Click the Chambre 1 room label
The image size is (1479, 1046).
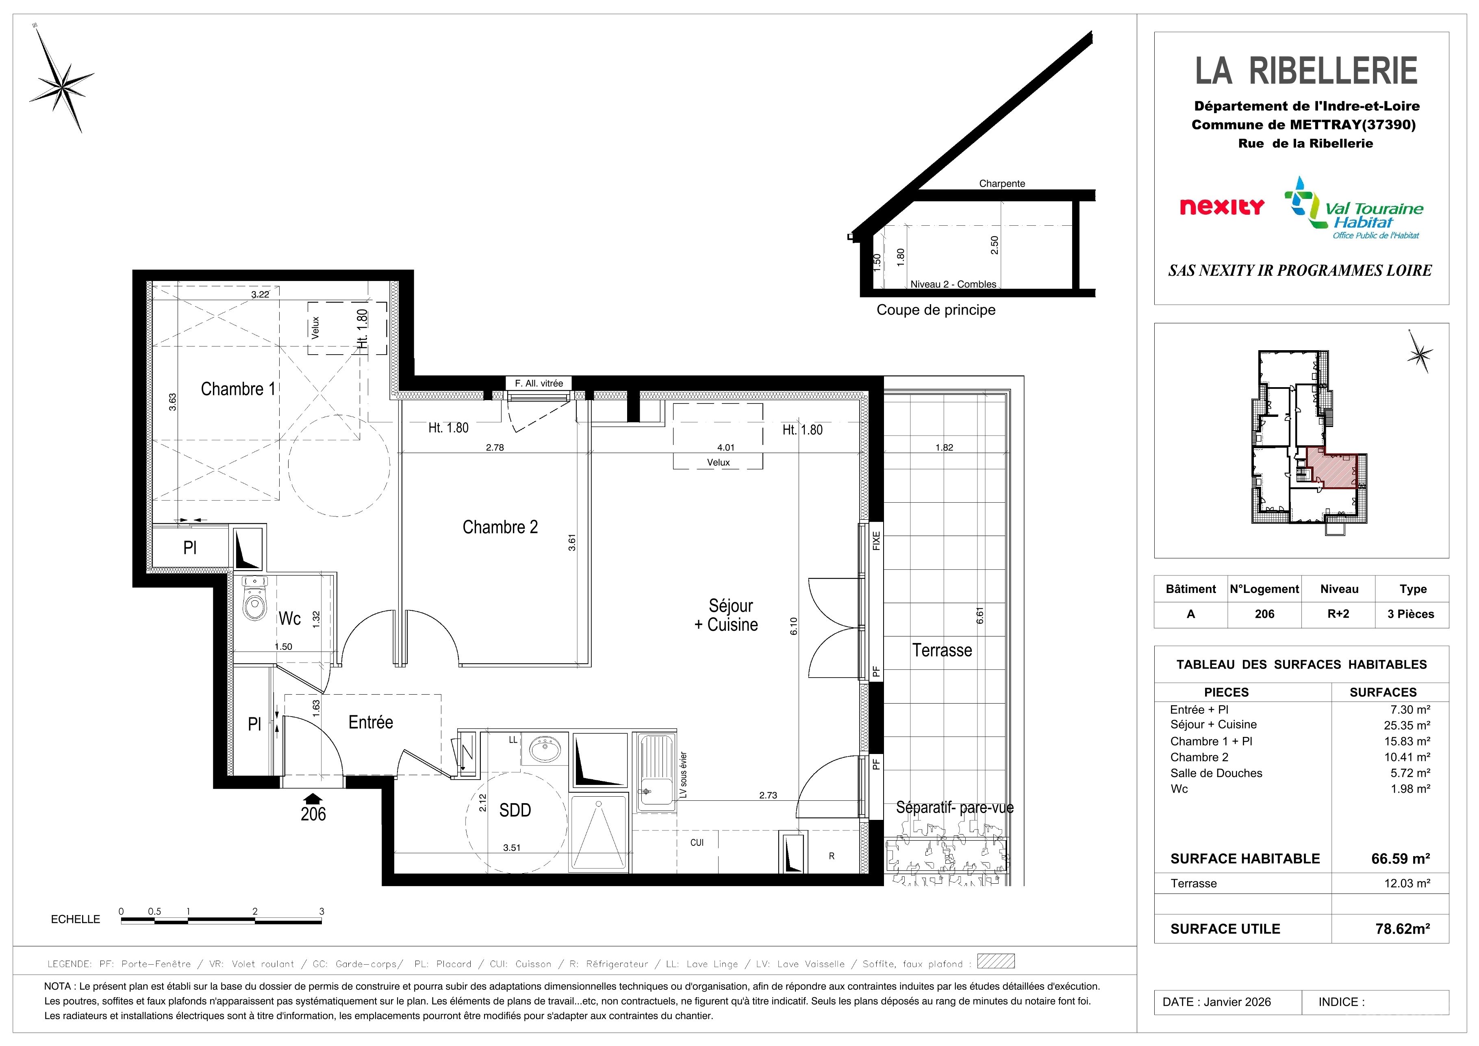(x=238, y=389)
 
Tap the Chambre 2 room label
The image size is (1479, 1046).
(x=500, y=527)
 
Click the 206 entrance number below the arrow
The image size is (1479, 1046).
(x=313, y=814)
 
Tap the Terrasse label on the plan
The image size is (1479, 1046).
(x=942, y=650)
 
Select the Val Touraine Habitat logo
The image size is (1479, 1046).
(x=1353, y=209)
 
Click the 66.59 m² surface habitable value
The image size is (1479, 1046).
(x=1401, y=859)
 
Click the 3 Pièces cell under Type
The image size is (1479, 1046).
(x=1411, y=614)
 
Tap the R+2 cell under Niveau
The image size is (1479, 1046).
(x=1338, y=614)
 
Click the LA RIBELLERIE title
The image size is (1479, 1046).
(x=1306, y=71)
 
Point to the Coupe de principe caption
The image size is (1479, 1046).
(x=936, y=310)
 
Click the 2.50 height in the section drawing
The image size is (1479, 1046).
(x=995, y=245)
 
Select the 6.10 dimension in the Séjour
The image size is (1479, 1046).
(x=794, y=626)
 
